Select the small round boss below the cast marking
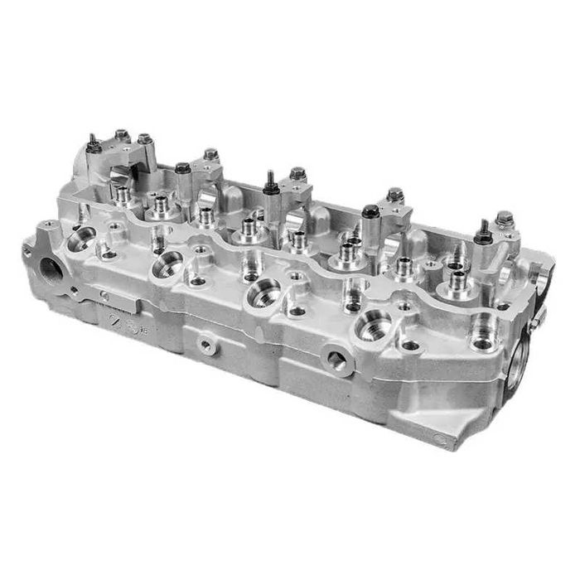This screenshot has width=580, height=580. click(206, 346)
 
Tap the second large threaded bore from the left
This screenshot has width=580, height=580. click(168, 265)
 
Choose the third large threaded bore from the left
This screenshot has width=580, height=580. click(263, 292)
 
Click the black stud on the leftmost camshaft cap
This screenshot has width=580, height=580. click(94, 146)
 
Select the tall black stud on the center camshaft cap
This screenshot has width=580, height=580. click(270, 184)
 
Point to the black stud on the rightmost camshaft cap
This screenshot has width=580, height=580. click(481, 233)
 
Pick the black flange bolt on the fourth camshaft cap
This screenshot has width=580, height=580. click(370, 212)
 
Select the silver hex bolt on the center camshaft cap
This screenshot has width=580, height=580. click(297, 174)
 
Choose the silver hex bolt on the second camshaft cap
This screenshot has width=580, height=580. click(210, 154)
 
